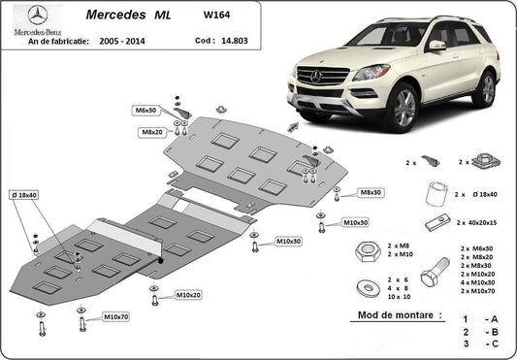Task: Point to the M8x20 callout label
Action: click(150, 131)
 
